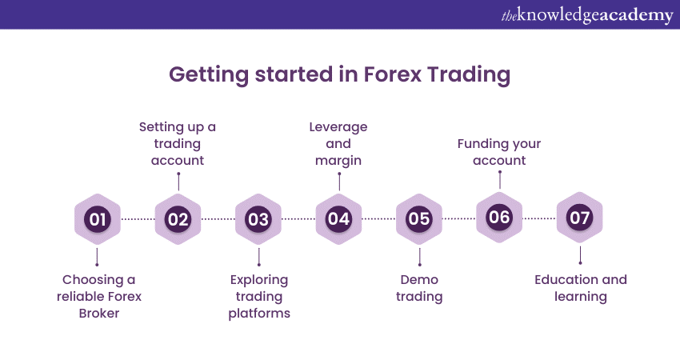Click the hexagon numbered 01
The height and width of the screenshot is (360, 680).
pos(97,218)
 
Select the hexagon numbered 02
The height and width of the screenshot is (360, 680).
pos(178,218)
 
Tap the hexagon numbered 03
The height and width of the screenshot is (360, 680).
pos(258,218)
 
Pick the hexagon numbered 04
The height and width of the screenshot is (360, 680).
pos(338,218)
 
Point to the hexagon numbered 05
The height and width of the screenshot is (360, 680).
pos(419,218)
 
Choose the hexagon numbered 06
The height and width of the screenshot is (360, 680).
pos(499,217)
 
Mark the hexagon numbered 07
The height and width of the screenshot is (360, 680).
pos(579,217)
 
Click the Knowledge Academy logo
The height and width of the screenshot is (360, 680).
pos(586,15)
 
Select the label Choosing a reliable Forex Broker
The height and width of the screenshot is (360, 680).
pos(98,296)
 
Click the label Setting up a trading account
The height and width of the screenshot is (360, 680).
pos(178,143)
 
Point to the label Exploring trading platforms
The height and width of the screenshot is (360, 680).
pos(258,296)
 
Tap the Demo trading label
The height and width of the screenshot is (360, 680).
pos(419,288)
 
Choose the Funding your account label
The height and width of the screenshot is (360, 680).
pos(499,152)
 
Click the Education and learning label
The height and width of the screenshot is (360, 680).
pos(581,288)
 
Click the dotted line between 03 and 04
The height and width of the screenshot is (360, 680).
pos(298,218)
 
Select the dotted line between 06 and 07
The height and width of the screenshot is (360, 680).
pos(539,218)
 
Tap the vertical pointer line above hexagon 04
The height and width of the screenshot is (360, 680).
pos(338,180)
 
